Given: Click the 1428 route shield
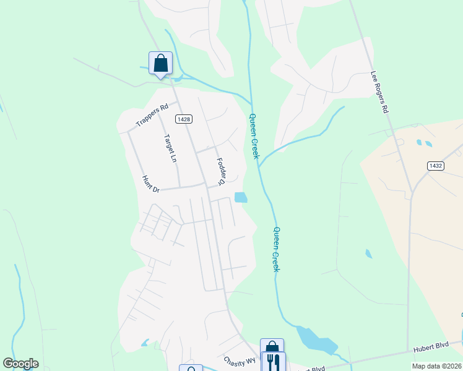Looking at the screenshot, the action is (182, 119).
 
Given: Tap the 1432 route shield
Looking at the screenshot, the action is (435, 166).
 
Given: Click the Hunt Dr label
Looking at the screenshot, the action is (151, 184).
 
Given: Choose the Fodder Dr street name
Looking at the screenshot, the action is (221, 171).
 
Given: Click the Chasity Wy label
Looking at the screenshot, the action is (240, 360).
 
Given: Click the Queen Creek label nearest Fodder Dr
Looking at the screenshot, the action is (254, 135).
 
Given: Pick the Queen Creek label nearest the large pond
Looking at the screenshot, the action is (277, 249).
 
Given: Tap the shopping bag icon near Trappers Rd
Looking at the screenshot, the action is (160, 63).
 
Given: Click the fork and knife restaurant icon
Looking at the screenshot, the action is (272, 361).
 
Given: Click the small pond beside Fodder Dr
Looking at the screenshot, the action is (241, 198).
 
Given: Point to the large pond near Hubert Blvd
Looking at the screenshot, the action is (316, 339).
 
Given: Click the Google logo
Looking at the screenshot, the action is (20, 364).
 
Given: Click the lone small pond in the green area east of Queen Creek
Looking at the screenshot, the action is (369, 253).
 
